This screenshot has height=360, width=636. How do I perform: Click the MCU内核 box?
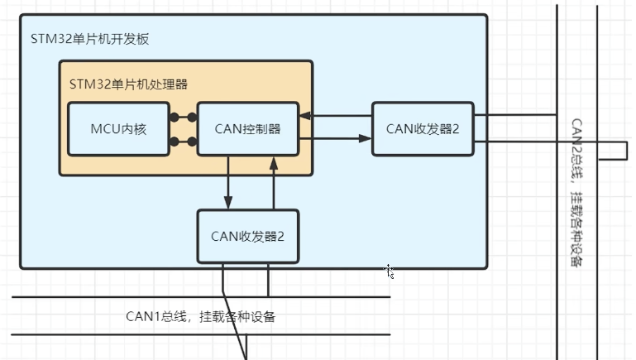tap(117, 128)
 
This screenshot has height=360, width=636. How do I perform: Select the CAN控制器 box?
tap(247, 128)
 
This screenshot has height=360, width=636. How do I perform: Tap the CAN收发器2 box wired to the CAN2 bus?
tap(423, 128)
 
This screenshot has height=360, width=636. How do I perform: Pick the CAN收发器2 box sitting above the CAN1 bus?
tap(247, 236)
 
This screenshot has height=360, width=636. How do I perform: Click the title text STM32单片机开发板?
tap(89, 39)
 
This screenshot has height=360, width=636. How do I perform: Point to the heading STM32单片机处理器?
tap(129, 84)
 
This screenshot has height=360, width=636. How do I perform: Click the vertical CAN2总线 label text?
tap(577, 190)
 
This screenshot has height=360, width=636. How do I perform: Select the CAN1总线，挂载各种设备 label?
tap(200, 315)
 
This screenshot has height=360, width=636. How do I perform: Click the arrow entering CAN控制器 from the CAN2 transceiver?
tap(335, 116)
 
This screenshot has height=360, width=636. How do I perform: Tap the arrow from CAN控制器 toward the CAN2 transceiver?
tap(335, 138)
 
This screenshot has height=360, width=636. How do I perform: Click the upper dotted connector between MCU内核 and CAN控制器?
tap(183, 117)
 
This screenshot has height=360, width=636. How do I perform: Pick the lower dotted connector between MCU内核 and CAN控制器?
tap(183, 142)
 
